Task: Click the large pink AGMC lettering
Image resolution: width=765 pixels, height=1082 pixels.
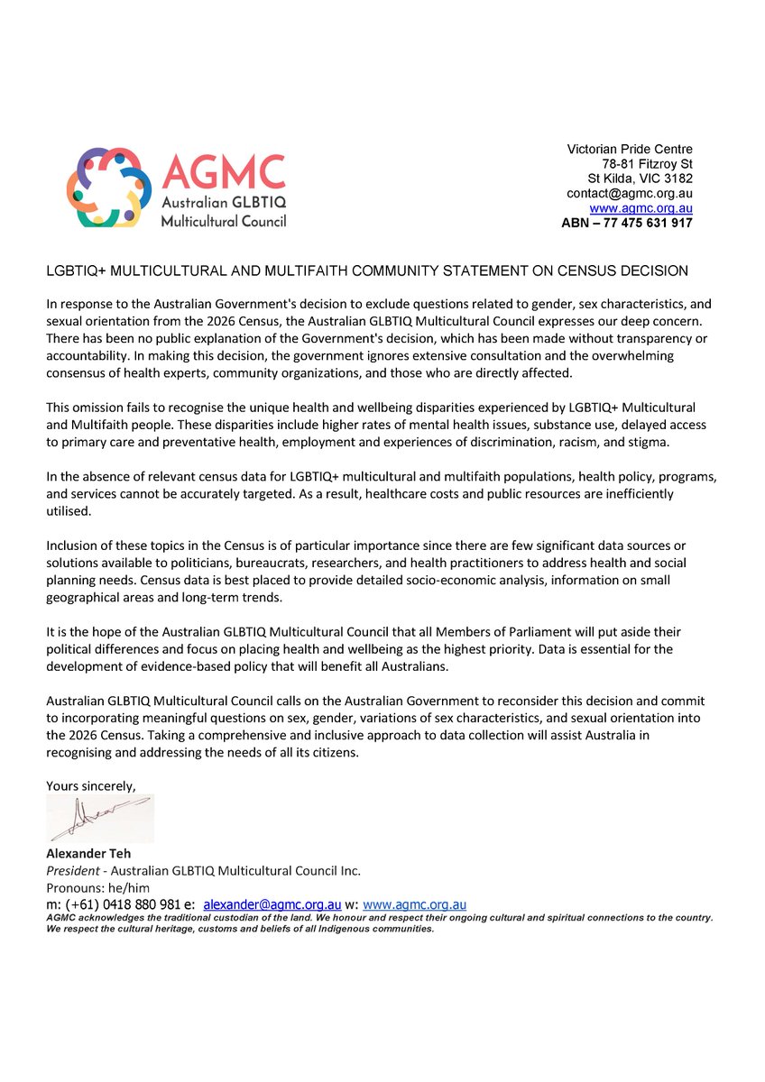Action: click(223, 172)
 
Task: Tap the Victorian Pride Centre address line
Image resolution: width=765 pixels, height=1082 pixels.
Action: click(629, 149)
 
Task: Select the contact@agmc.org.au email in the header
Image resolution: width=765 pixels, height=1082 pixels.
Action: click(629, 193)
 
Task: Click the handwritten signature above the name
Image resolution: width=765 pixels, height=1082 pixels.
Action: click(100, 819)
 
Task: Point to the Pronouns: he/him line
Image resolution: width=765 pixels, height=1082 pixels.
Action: click(98, 887)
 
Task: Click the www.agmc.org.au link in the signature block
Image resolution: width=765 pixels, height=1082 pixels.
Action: click(414, 903)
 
